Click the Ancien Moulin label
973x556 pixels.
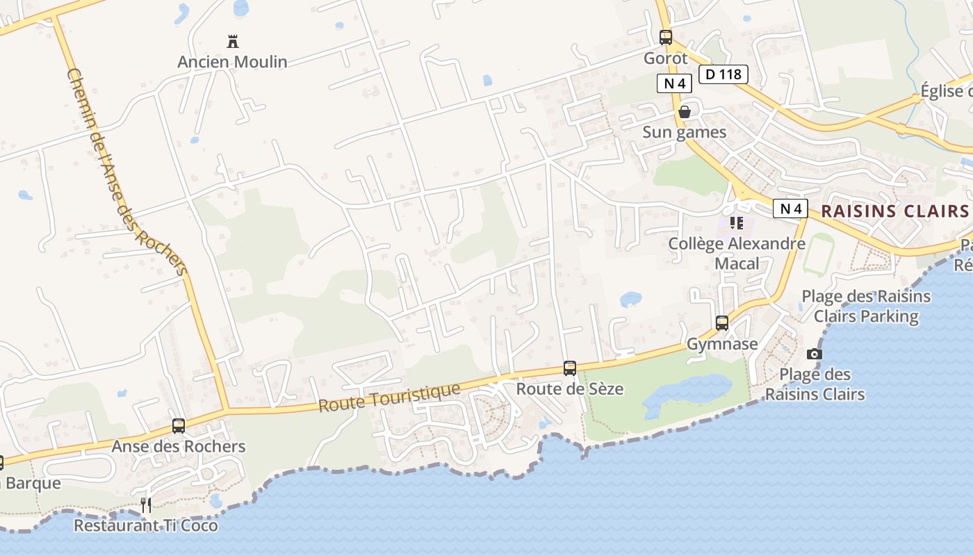(x=232, y=62)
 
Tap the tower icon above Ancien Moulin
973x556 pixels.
(x=233, y=42)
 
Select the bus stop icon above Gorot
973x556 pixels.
(x=666, y=38)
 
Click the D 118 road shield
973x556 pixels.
(x=723, y=74)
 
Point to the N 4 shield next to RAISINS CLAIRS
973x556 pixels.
(x=791, y=208)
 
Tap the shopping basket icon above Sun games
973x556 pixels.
(x=685, y=112)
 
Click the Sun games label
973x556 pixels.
(x=684, y=132)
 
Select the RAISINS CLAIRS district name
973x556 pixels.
(x=894, y=211)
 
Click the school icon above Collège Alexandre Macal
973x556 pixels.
(x=737, y=223)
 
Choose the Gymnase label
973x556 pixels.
(x=722, y=344)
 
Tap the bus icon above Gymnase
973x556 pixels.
(x=722, y=323)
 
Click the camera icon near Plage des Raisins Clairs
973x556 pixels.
(x=815, y=354)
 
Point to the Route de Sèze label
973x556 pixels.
(x=569, y=389)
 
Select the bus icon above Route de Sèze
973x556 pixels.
(x=570, y=368)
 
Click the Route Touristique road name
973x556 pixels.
(x=389, y=398)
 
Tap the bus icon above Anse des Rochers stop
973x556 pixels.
(x=179, y=426)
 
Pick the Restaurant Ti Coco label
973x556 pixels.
(x=146, y=525)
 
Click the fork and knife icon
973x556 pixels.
(x=146, y=505)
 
